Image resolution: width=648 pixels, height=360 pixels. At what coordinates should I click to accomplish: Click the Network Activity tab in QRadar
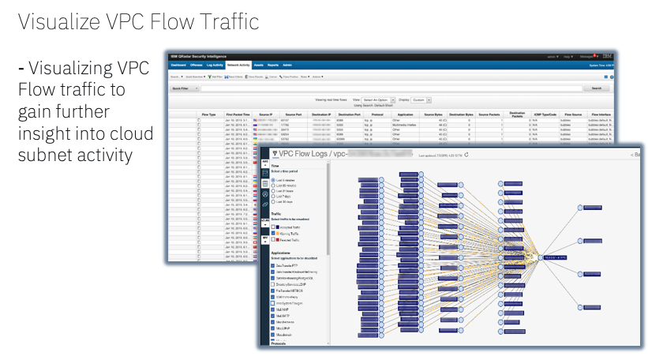coord(238,66)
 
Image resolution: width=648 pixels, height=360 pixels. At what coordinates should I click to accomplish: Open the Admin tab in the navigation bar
coord(287,66)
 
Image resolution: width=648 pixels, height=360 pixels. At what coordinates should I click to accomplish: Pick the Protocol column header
coord(375,115)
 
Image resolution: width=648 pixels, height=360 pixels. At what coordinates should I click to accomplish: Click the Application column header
coord(406,115)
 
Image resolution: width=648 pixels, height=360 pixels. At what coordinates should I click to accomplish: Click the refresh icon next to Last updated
coord(467,156)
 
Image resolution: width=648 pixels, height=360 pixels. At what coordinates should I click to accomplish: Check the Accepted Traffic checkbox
coord(273,227)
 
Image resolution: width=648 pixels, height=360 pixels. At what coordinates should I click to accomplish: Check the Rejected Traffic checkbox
coord(273,240)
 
